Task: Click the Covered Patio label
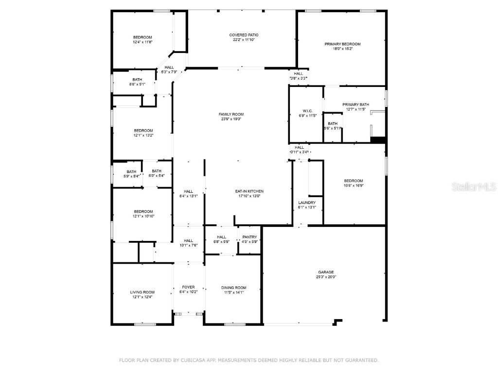(244, 35)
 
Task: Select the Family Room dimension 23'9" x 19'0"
(231, 119)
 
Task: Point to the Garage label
(326, 272)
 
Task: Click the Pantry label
(249, 237)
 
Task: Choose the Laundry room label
(307, 203)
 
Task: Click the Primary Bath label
(356, 104)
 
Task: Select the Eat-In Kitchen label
(249, 191)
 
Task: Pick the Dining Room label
(234, 288)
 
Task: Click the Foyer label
(188, 287)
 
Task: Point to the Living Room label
(142, 292)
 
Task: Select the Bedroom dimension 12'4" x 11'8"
(142, 42)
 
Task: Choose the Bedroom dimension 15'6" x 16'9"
(353, 186)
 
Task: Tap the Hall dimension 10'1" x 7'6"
(188, 245)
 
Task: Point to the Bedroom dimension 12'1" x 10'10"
(143, 216)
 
